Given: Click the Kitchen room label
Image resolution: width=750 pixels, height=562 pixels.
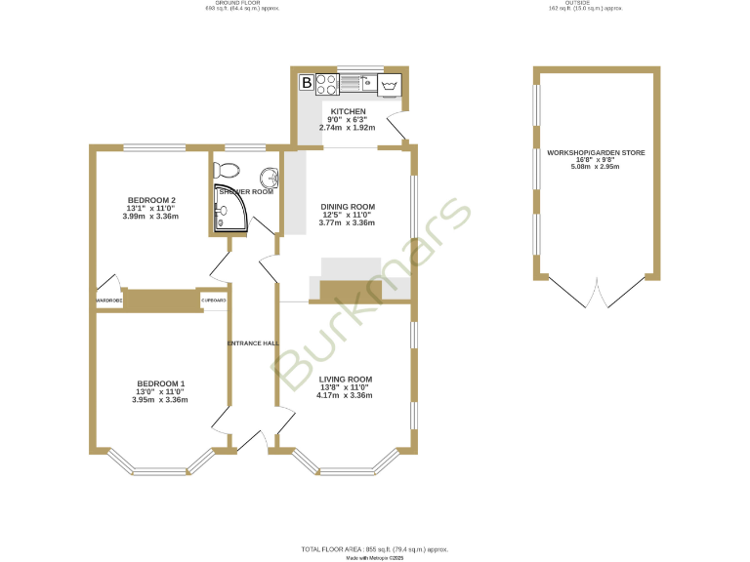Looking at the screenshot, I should (348, 112).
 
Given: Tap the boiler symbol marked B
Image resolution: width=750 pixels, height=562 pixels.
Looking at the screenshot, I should (307, 83).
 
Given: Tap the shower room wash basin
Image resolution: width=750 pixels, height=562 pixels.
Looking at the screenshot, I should (271, 178).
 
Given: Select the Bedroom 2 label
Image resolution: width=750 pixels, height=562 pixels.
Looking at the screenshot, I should (151, 201).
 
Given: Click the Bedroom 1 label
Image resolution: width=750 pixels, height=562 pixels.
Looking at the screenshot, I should (160, 383).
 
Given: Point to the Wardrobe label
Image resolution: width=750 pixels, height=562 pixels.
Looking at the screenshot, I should (108, 301).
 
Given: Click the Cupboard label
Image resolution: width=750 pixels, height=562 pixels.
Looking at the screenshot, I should (214, 301).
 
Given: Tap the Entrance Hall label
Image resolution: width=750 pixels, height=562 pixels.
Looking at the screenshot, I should (253, 343).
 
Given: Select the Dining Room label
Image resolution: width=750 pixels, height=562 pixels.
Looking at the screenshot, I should (348, 207).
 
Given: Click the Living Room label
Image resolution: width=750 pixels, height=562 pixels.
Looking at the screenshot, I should (346, 379).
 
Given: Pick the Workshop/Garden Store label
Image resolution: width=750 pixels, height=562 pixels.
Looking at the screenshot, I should (596, 153).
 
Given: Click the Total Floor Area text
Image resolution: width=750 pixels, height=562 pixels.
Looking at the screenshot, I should (374, 550).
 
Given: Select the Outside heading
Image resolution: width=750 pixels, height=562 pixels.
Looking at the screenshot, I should (584, 3).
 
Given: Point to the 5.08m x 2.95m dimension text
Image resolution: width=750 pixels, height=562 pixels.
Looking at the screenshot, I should (596, 167).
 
